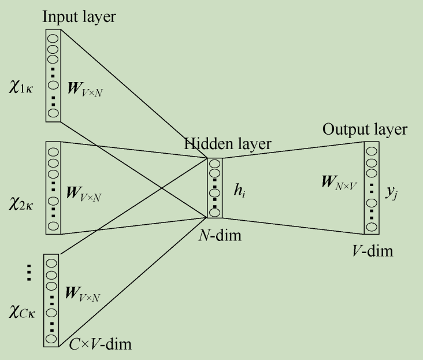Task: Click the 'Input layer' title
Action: click(79, 17)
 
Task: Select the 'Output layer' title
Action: click(365, 129)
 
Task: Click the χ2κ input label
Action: click(23, 188)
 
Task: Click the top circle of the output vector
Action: click(371, 151)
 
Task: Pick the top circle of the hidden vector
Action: click(214, 164)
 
